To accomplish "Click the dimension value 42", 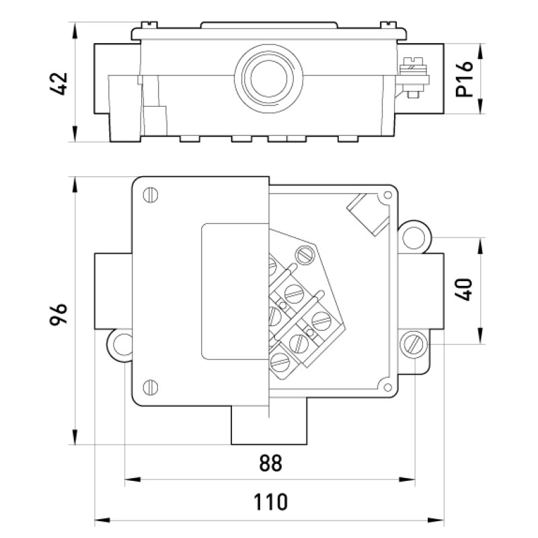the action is tap(59, 83).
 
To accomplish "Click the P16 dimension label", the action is tap(464, 79).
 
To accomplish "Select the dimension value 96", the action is tap(59, 314).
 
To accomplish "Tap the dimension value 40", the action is tap(464, 290).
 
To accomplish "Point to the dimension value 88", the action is tap(271, 463).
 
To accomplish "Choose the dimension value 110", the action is tap(270, 502).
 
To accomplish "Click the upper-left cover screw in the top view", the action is tap(150, 195).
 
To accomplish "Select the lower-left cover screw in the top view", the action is tap(150, 387).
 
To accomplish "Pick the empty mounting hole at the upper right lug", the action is tap(414, 237).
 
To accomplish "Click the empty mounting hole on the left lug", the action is tap(122, 345).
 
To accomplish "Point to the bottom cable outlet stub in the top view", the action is tap(269, 425).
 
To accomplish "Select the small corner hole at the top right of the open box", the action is tap(388, 195).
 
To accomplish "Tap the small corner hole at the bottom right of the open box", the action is tap(388, 387).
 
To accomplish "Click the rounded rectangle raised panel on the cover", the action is tap(235, 291).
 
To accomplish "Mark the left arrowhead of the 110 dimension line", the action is tap(102, 520).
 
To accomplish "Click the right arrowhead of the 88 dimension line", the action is tap(408, 479).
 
